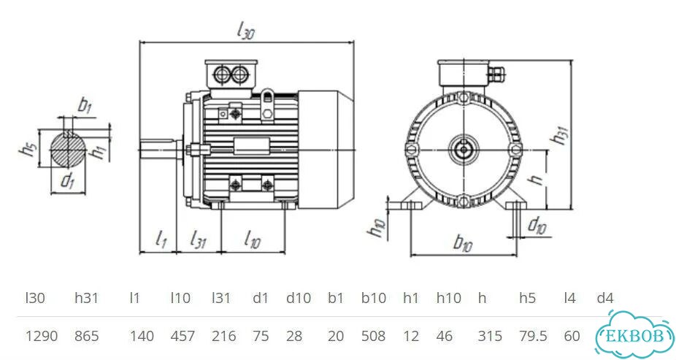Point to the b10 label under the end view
[463, 244]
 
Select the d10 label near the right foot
[537, 226]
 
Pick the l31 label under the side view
[198, 240]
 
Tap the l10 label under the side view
[252, 240]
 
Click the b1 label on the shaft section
[85, 106]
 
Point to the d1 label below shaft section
[67, 180]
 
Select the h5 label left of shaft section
[28, 150]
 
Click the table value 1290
[42, 336]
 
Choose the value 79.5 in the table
[534, 336]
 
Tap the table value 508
[373, 336]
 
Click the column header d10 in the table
[299, 298]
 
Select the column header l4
[570, 298]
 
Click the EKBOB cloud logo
[634, 335]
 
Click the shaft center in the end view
[464, 150]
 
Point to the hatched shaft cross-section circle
[68, 149]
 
